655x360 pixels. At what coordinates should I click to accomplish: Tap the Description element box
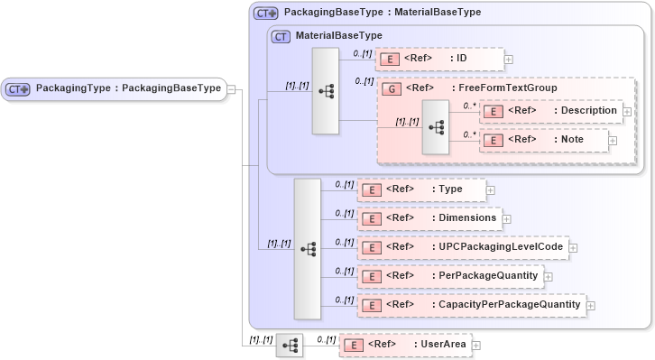[x=550, y=111]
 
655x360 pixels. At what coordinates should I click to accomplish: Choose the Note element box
[x=542, y=140]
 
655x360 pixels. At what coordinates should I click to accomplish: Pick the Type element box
[x=421, y=189]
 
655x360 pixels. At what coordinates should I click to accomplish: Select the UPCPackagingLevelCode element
[x=462, y=247]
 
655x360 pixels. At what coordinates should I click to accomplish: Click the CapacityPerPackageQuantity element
[x=471, y=305]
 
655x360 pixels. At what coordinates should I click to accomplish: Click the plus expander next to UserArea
[x=476, y=345]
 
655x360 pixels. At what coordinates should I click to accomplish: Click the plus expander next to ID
[x=509, y=60]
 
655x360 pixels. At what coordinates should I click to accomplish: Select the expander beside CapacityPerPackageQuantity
[x=591, y=306]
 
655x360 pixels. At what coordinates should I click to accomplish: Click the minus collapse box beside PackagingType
[x=232, y=89]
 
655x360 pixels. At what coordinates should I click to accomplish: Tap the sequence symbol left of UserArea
[x=290, y=346]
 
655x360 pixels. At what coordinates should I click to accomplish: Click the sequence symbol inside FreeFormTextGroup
[x=436, y=127]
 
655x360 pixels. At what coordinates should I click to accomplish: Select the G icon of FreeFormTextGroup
[x=392, y=88]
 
